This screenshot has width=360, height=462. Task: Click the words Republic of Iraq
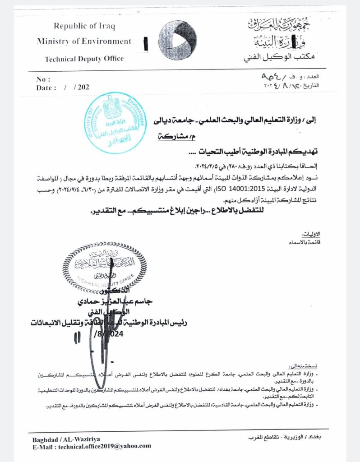pyautogui.click(x=84, y=26)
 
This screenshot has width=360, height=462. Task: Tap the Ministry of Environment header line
pyautogui.click(x=84, y=42)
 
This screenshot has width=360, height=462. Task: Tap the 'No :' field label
pyautogui.click(x=42, y=79)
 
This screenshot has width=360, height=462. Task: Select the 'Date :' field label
pyautogui.click(x=46, y=88)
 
